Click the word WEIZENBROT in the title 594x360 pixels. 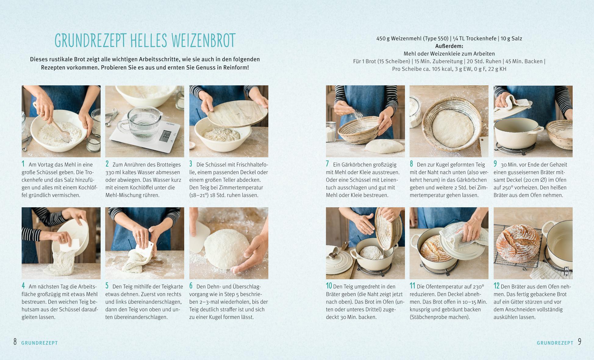[203, 40]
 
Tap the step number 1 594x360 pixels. [23, 164]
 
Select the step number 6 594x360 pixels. [191, 286]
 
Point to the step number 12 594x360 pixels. [496, 286]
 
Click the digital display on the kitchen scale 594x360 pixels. [166, 135]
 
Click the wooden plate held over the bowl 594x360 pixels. [237, 113]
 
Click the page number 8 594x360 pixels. [15, 342]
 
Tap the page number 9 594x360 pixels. [580, 342]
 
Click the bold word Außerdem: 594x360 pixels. [449, 46]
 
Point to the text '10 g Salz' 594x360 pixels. [511, 38]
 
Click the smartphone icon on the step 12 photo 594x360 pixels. [567, 271]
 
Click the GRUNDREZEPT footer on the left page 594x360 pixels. [40, 343]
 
